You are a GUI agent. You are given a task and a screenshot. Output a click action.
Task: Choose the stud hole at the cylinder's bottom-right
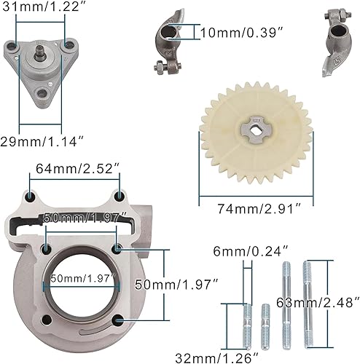point(117,318)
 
